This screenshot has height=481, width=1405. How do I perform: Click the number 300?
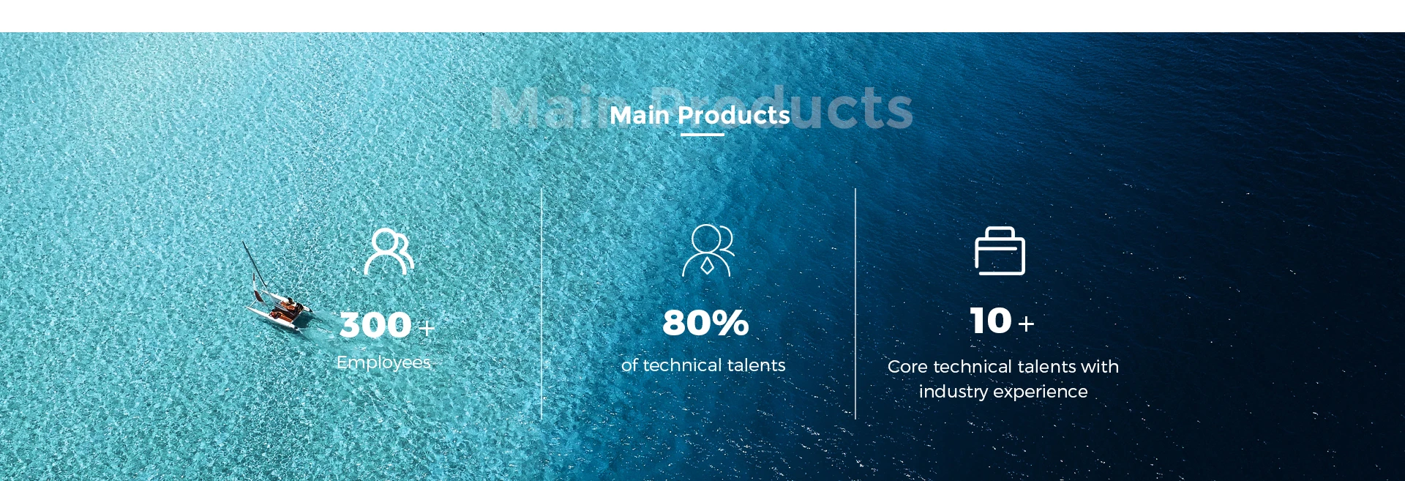click(x=375, y=325)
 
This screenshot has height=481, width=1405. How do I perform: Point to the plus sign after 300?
click(x=426, y=327)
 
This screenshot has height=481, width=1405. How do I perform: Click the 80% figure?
click(x=705, y=323)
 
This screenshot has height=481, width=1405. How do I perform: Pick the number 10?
click(x=991, y=321)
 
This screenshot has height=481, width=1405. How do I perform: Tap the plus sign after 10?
click(x=1026, y=324)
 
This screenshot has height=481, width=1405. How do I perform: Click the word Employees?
click(x=383, y=362)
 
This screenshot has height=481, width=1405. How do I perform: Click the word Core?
click(x=908, y=367)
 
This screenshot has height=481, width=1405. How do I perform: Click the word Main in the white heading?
click(x=640, y=115)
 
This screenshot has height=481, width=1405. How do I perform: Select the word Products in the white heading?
click(x=734, y=115)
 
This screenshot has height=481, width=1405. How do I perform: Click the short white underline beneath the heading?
click(x=702, y=135)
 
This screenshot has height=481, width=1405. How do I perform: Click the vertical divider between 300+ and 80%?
click(x=542, y=304)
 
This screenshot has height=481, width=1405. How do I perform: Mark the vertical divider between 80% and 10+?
click(x=855, y=304)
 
